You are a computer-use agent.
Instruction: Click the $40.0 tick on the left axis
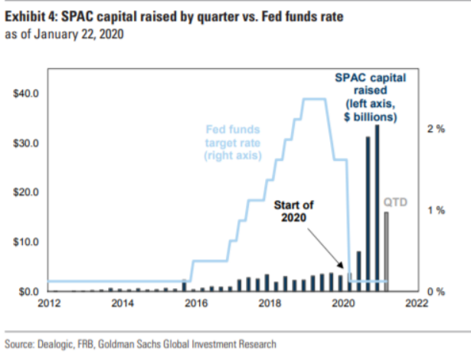(27, 93)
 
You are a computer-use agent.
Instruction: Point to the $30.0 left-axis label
(27, 143)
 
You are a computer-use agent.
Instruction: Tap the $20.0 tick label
(27, 192)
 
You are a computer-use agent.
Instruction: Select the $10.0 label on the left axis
(27, 242)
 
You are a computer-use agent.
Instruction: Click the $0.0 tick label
(29, 292)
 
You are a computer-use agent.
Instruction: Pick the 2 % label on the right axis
(436, 129)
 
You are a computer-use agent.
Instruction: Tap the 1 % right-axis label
(436, 210)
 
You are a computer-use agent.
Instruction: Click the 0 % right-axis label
(436, 292)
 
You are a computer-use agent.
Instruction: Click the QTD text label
(395, 203)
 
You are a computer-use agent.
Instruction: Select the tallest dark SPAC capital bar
(377, 208)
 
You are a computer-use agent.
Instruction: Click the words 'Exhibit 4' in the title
(31, 16)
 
